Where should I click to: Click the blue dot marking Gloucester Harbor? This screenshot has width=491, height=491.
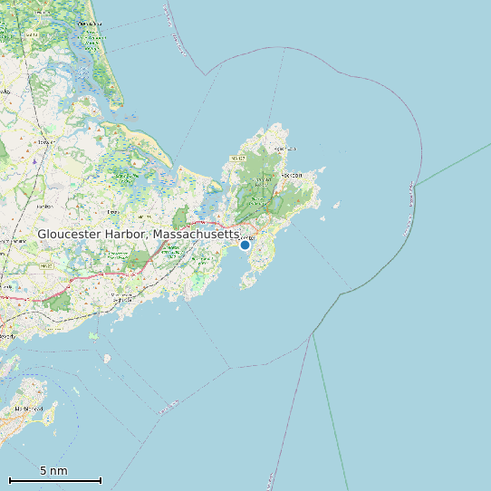(x=245, y=245)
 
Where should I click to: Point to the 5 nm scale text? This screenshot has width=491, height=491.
(x=53, y=471)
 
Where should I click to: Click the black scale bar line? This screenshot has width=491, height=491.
(x=54, y=480)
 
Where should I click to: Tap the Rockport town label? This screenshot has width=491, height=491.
(x=292, y=175)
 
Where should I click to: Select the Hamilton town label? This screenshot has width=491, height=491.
(x=43, y=207)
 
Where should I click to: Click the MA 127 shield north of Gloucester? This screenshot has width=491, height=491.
(x=238, y=158)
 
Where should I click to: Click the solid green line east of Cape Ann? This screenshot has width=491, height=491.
(x=453, y=163)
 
